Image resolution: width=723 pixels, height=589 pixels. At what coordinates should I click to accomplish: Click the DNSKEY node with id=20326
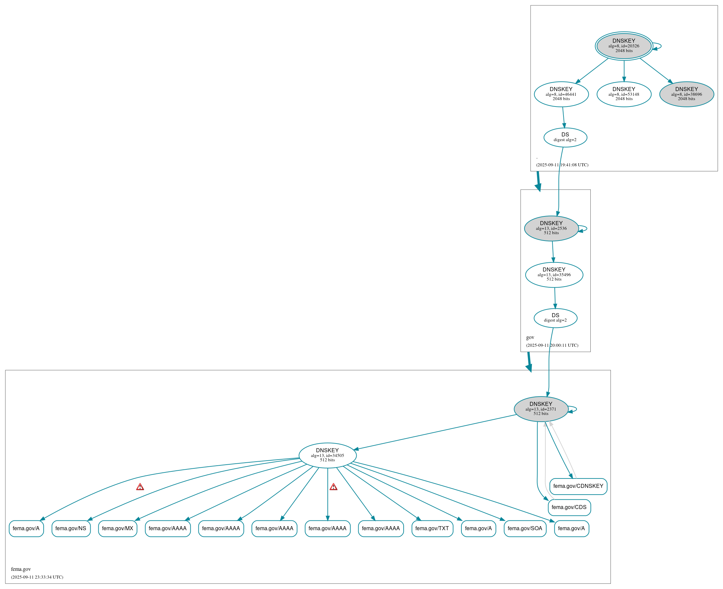[x=624, y=46]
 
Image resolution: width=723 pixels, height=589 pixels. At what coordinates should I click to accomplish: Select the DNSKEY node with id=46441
[x=561, y=94]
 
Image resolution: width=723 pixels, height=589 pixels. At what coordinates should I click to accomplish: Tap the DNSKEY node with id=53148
[x=624, y=94]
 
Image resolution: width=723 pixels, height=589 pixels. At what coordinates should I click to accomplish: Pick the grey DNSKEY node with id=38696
[x=686, y=94]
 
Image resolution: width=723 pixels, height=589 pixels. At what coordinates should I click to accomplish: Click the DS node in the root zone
[x=565, y=137]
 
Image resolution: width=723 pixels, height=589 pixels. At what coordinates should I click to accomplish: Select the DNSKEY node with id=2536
[x=551, y=228]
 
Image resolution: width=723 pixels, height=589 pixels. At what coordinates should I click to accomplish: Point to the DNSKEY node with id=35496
[x=554, y=275]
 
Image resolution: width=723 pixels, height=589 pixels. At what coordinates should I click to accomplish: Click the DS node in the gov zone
[x=555, y=318]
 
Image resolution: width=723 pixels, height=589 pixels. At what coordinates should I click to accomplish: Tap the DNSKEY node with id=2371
[x=541, y=409]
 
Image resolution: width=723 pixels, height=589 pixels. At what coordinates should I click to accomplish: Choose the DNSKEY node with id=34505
[x=327, y=455]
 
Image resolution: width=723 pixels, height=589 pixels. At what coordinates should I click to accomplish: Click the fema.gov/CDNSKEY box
[x=578, y=486]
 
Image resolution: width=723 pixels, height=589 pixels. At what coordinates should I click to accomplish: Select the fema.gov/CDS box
[x=569, y=507]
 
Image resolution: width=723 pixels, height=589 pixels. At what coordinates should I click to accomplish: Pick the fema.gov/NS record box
[x=71, y=529]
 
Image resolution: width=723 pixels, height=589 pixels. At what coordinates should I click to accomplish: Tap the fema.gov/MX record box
[x=117, y=529]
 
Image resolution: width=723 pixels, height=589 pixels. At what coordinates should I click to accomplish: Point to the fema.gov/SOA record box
[x=525, y=529]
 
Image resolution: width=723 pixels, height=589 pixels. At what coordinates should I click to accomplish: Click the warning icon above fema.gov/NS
[x=140, y=487]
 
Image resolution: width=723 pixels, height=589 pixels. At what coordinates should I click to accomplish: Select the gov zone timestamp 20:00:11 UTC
[x=552, y=345]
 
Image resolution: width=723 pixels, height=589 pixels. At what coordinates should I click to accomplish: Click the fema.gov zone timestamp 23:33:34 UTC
[x=37, y=577]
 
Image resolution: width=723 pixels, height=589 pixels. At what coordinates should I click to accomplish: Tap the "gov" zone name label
[x=530, y=337]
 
